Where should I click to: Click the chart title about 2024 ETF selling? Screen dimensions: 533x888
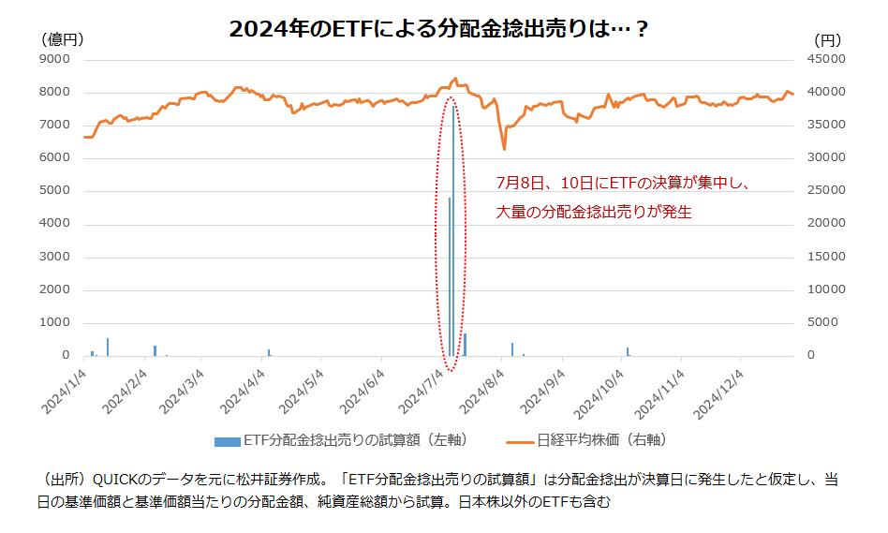439,29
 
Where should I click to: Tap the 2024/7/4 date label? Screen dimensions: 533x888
427,389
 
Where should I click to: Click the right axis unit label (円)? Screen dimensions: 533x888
827,39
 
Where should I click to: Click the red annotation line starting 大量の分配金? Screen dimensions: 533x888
594,213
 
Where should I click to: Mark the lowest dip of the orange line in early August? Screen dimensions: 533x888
504,148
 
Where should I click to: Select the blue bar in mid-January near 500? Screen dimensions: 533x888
108,347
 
